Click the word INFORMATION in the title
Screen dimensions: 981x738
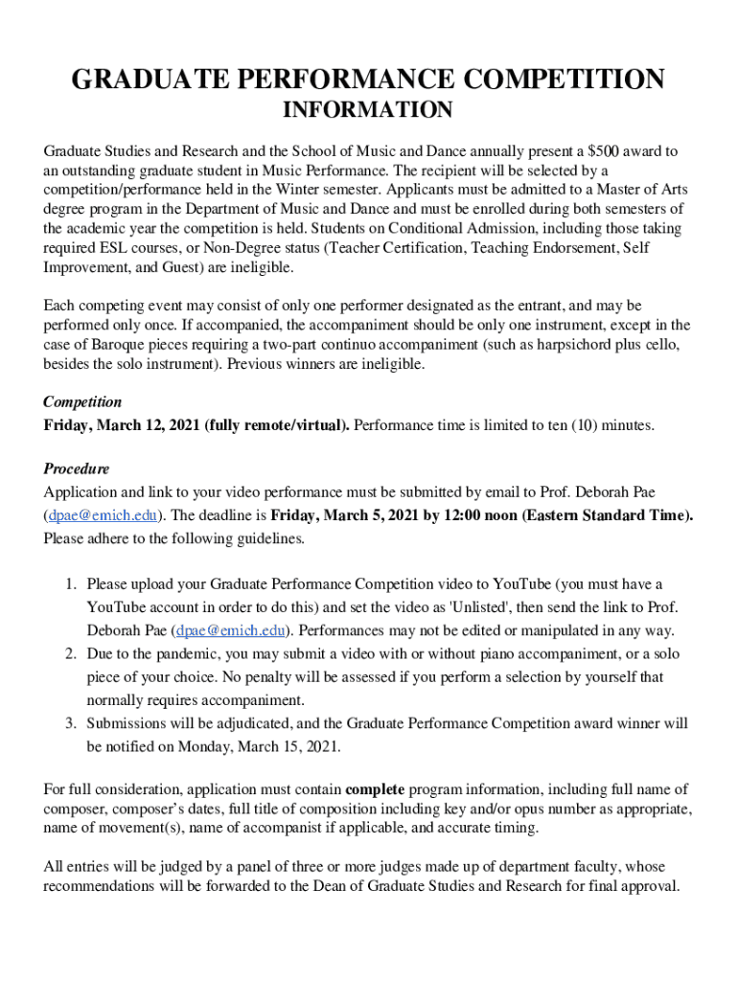coord(368,111)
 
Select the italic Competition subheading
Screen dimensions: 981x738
coord(82,402)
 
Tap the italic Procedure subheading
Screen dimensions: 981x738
coord(77,469)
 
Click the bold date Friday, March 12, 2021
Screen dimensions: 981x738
coord(122,425)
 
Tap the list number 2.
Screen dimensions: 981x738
coord(71,654)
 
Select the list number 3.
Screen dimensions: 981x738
coord(71,724)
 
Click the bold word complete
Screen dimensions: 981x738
coord(376,789)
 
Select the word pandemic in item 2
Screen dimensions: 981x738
coord(178,654)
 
